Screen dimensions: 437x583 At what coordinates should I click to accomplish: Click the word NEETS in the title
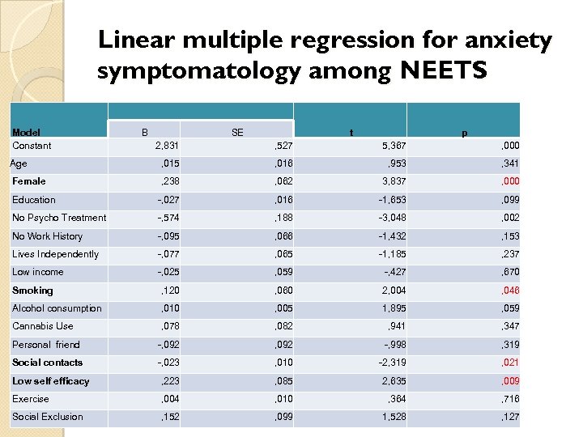pyautogui.click(x=443, y=72)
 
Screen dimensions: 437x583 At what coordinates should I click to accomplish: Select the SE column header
pyautogui.click(x=236, y=132)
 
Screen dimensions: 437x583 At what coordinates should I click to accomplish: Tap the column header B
pyautogui.click(x=144, y=132)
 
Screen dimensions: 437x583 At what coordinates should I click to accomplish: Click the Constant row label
pyautogui.click(x=32, y=146)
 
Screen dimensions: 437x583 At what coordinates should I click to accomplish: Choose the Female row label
pyautogui.click(x=29, y=181)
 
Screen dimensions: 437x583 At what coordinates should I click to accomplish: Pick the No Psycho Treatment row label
pyautogui.click(x=59, y=218)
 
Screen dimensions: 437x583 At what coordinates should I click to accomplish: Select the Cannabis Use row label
pyautogui.click(x=42, y=326)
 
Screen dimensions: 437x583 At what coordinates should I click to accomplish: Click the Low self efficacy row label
pyautogui.click(x=50, y=381)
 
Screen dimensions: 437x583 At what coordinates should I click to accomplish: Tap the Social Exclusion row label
pyautogui.click(x=47, y=417)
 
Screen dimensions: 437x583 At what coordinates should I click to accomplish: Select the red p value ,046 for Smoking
pyautogui.click(x=510, y=291)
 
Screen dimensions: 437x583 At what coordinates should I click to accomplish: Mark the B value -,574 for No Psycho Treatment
pyautogui.click(x=168, y=218)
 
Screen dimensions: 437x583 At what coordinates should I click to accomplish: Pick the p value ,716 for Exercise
pyautogui.click(x=510, y=399)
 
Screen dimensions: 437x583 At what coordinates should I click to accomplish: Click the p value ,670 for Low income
pyautogui.click(x=510, y=273)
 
